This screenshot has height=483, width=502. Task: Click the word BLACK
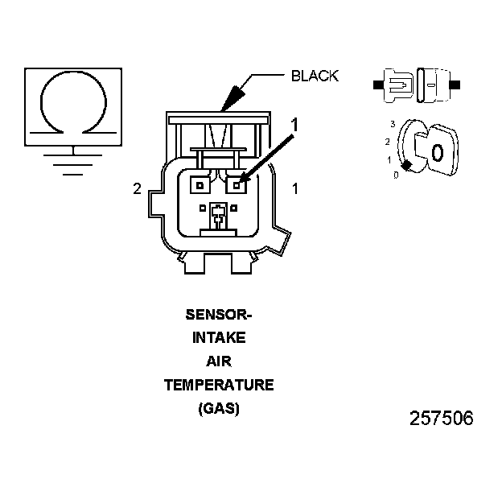(x=315, y=76)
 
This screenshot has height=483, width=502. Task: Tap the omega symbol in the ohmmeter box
(x=73, y=101)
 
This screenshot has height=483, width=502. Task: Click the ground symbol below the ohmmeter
(x=73, y=160)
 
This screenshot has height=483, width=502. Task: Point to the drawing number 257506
(x=442, y=419)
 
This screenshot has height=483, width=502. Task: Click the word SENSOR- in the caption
(x=219, y=315)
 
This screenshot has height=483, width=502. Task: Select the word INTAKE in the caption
(x=219, y=338)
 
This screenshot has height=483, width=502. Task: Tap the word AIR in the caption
(x=219, y=361)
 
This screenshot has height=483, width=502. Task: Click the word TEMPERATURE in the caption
(x=219, y=385)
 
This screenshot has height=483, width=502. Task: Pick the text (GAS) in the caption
(x=219, y=408)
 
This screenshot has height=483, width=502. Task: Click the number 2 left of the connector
(x=138, y=189)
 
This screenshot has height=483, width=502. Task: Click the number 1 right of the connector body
(x=295, y=189)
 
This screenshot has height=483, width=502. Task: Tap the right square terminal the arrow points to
(x=237, y=186)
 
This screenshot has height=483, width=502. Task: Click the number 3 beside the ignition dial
(x=393, y=124)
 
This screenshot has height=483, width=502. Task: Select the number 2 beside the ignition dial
(x=388, y=142)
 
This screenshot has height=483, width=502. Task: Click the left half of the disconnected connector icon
(x=397, y=84)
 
